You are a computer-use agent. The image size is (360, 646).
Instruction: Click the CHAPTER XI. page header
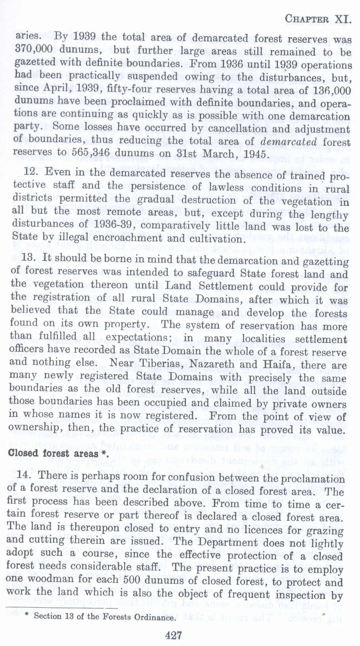[x=318, y=19]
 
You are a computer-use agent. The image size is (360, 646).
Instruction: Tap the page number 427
[x=174, y=635]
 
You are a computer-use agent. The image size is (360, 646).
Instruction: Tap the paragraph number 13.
[x=29, y=257]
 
